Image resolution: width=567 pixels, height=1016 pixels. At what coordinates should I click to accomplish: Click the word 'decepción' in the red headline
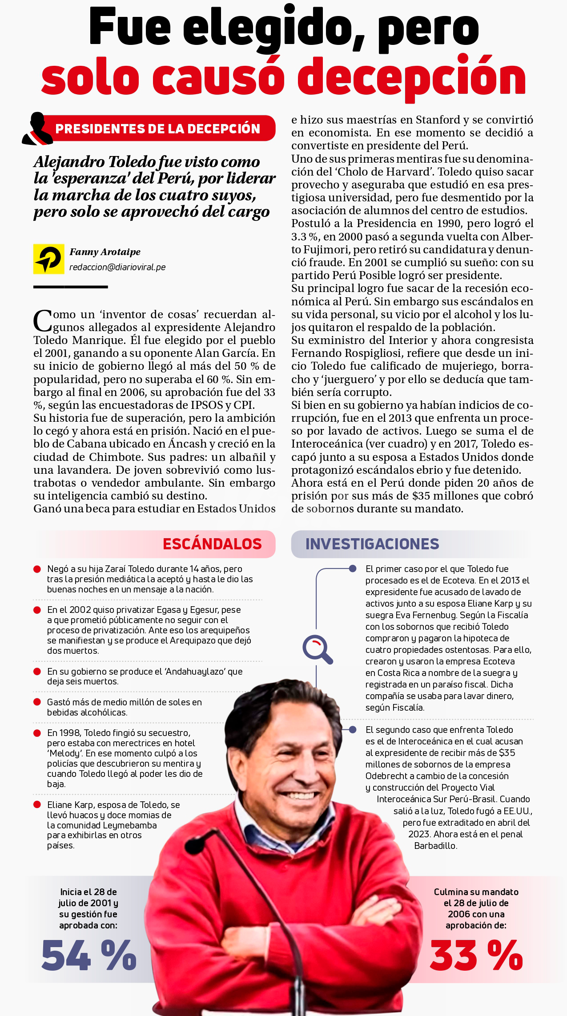412,77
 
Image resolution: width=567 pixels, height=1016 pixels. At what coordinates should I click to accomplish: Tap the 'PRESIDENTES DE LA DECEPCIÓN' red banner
158,128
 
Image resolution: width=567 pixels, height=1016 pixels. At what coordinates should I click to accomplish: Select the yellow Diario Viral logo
48,259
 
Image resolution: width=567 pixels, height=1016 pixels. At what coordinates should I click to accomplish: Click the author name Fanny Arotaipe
105,252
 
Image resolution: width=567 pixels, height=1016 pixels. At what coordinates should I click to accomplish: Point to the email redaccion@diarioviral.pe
117,267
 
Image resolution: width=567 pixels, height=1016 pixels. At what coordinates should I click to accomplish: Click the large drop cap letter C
43,320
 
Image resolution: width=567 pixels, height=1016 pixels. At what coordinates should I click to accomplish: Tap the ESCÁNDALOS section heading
212,544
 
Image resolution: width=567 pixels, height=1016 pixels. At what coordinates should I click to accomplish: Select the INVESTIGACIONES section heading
372,544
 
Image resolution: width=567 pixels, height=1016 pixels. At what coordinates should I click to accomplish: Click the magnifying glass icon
318,649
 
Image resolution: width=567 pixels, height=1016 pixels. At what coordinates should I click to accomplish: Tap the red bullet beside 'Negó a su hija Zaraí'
37,569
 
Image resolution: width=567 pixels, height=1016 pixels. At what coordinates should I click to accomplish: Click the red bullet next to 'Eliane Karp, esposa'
37,805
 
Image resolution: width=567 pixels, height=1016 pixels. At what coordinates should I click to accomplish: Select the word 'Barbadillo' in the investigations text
435,846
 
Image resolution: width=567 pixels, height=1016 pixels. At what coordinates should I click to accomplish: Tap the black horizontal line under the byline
71,287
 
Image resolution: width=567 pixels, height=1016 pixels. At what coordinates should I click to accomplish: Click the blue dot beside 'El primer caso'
353,568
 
